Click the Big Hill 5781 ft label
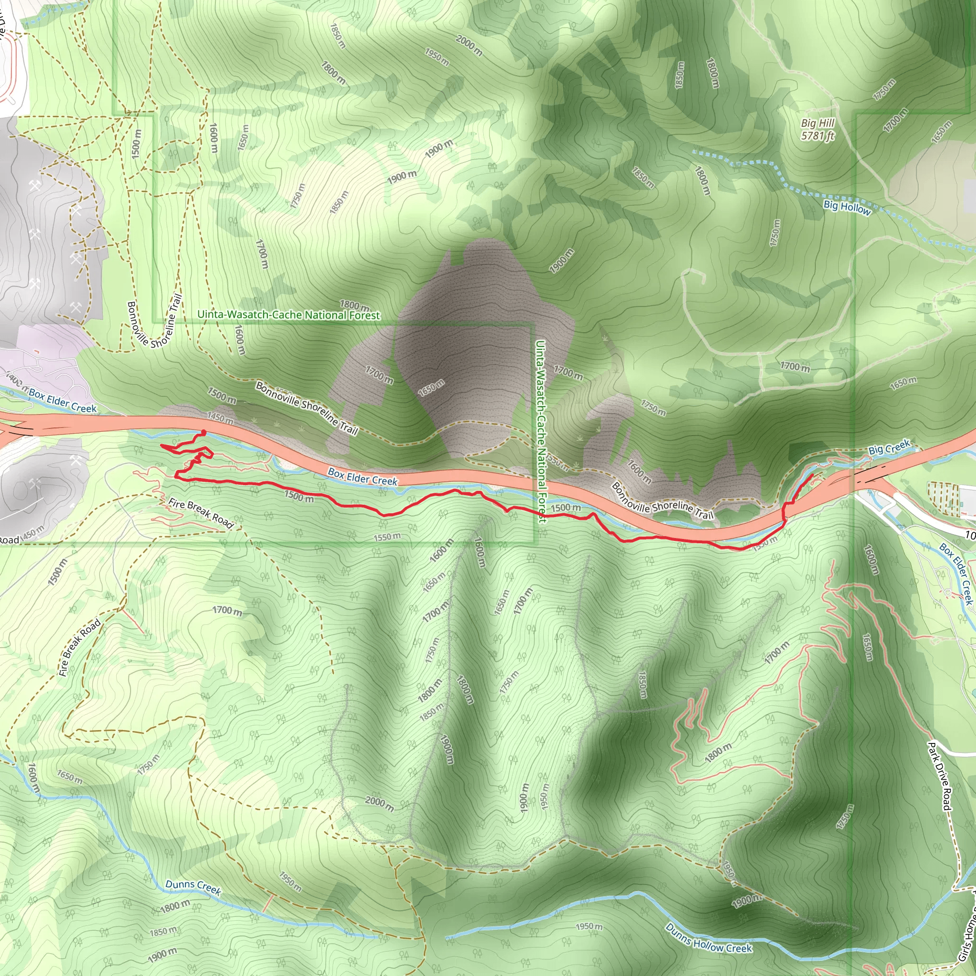point(817,129)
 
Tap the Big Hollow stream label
point(847,207)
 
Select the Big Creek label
point(889,447)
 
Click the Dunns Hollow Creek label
point(708,938)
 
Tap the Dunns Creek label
point(193,887)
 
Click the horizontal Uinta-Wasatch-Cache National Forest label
point(288,315)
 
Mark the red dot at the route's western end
point(203,432)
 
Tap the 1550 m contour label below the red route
point(387,537)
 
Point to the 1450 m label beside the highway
point(220,418)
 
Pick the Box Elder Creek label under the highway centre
point(362,477)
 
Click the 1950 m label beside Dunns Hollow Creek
point(589,926)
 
